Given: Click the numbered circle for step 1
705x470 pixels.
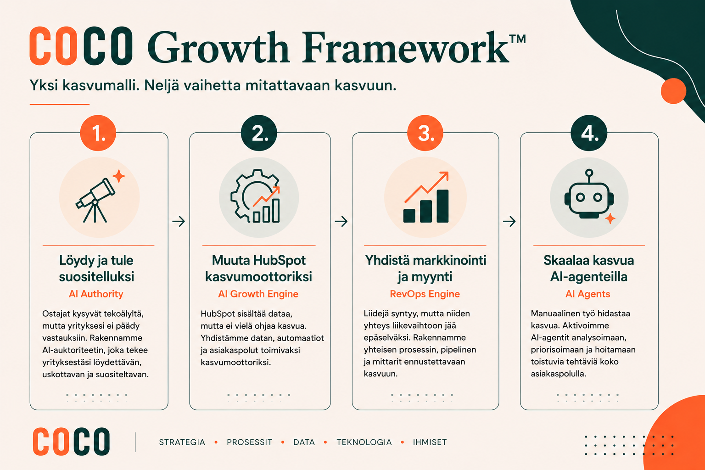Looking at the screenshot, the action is (98, 133).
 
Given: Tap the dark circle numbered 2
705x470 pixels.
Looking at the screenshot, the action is (259, 133).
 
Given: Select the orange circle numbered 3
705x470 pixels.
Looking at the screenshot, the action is (425, 133).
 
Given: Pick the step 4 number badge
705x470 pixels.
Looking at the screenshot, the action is (589, 133).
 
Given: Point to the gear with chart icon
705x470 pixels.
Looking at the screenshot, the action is (255, 196).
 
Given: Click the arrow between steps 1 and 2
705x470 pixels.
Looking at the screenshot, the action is (179, 221).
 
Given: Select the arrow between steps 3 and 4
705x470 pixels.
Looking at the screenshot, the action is (509, 221).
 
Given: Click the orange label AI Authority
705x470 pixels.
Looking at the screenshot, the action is (96, 294).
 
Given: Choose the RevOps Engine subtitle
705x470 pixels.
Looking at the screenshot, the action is (425, 294).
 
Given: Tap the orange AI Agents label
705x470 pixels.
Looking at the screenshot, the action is (588, 294).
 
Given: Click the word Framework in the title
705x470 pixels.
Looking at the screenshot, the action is (405, 47).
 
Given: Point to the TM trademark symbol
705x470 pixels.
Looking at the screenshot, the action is (518, 39).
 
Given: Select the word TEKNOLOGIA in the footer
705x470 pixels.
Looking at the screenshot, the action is (364, 442).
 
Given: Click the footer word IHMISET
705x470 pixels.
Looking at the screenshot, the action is (430, 442).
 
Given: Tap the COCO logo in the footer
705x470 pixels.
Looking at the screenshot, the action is (72, 442).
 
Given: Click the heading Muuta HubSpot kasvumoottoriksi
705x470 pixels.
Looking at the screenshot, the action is (259, 269).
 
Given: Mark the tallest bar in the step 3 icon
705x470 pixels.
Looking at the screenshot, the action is (442, 206).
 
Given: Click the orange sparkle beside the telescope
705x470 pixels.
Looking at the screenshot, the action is (119, 176).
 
